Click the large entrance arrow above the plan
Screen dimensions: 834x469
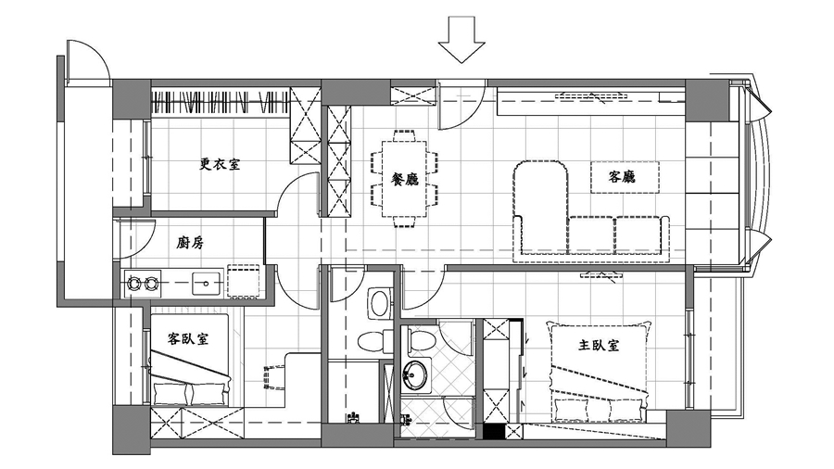(461, 40)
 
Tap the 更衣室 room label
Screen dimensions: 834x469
(220, 164)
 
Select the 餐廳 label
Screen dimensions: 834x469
(405, 179)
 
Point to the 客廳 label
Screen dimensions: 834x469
(623, 176)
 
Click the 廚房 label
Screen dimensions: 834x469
(190, 243)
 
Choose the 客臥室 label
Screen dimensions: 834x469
(188, 338)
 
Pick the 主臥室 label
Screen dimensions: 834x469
(599, 345)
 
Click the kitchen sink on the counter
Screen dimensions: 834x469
(207, 283)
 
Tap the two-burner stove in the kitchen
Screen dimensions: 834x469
(143, 283)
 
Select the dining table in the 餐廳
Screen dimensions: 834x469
(405, 178)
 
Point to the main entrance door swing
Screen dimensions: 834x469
(460, 104)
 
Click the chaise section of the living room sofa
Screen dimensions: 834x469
(541, 208)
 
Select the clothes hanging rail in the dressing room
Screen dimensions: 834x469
(221, 101)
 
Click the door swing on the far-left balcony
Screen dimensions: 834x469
(88, 59)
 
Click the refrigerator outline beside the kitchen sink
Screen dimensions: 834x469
(244, 281)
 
